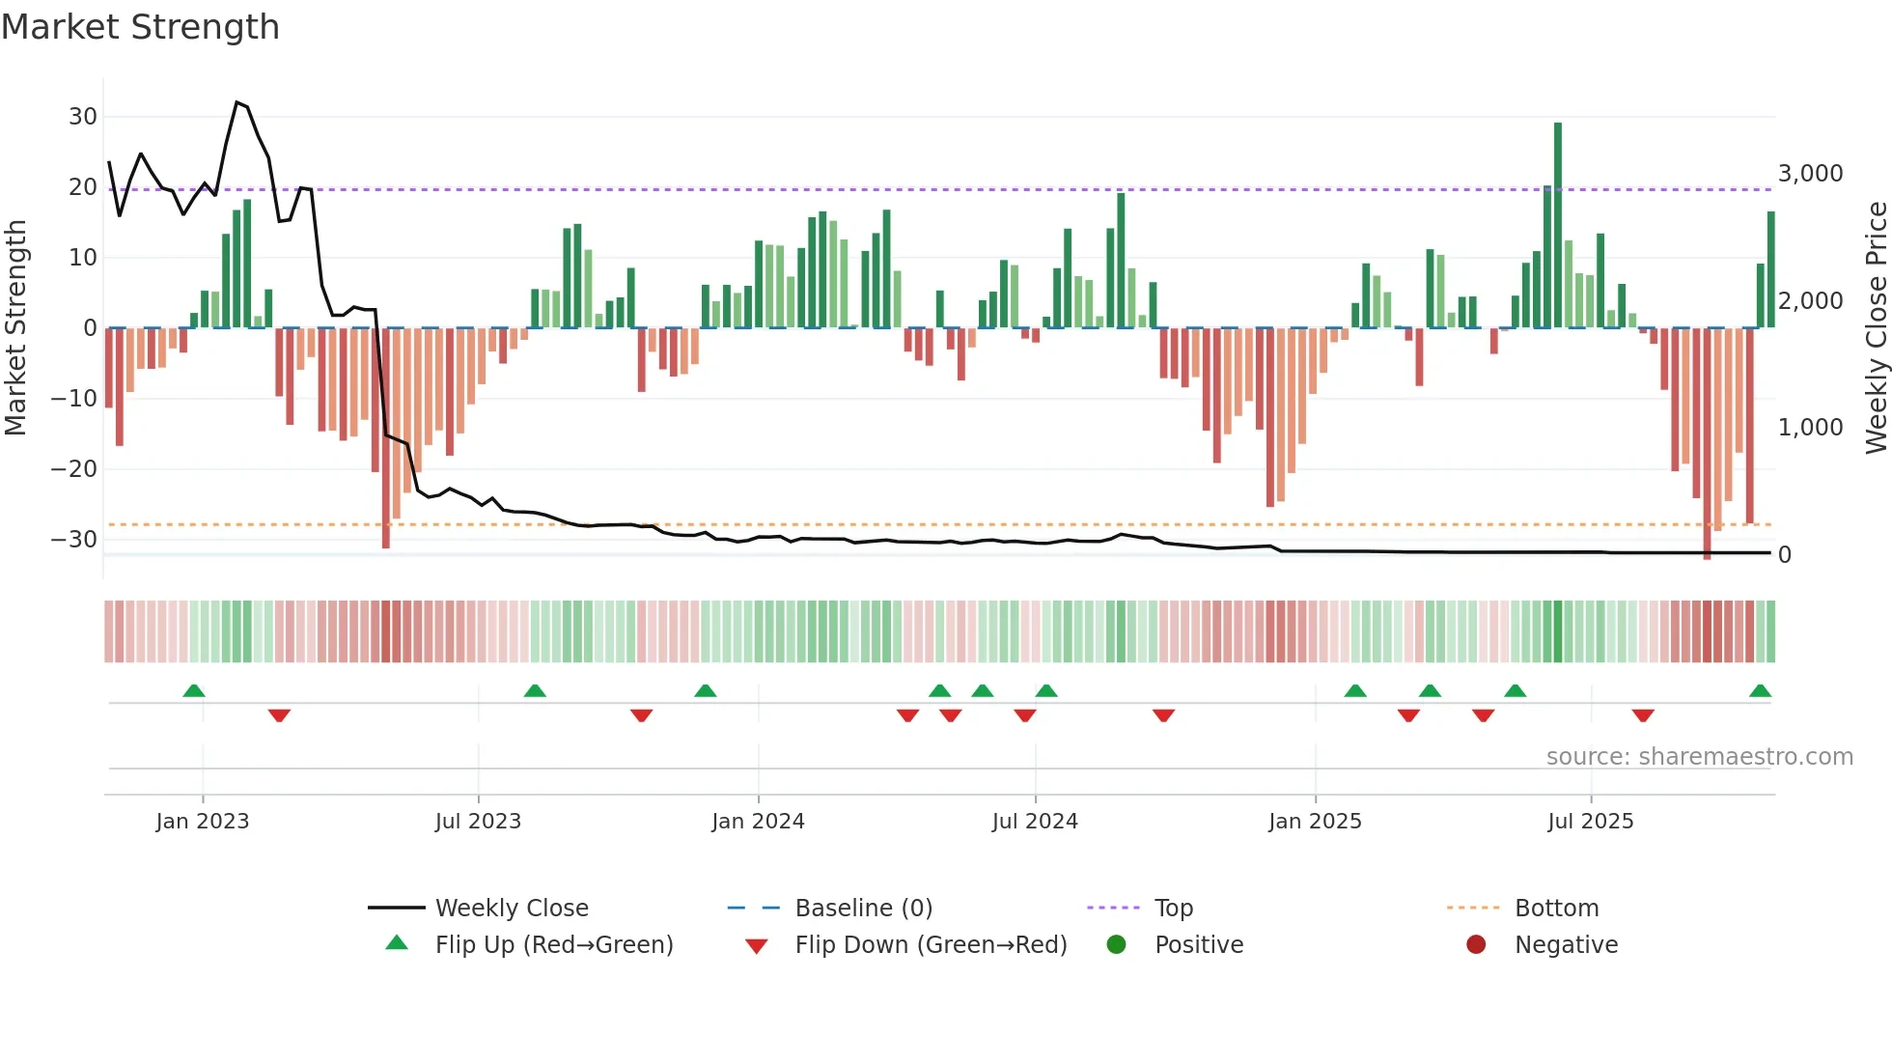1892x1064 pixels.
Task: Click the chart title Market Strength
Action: pos(140,27)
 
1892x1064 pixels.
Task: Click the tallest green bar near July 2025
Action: pos(1558,224)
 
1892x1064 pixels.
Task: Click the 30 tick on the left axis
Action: pos(83,117)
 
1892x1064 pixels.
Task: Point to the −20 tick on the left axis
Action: pos(74,469)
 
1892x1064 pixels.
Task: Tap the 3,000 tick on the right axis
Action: pos(1810,174)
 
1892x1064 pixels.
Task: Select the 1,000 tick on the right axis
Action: pos(1810,428)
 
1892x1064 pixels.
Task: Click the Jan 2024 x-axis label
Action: pos(758,822)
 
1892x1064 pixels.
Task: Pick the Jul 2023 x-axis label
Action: pos(478,822)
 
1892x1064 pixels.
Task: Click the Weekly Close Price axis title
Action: pos(1876,327)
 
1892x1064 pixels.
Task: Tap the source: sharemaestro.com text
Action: pos(1699,757)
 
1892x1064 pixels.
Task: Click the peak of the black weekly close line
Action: pos(236,102)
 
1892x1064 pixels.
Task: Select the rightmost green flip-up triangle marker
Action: pos(1760,690)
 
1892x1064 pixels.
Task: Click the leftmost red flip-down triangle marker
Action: pos(279,715)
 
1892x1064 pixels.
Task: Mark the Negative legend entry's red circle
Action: pos(1476,945)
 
